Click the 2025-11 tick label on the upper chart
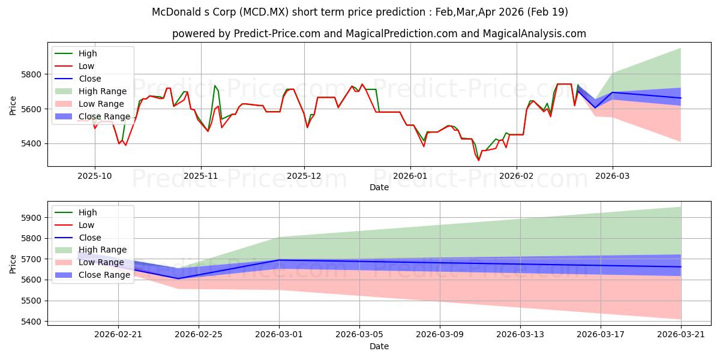point(201,176)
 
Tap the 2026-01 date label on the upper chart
point(410,176)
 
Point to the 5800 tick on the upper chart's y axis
point(31,74)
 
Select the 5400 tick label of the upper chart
point(31,143)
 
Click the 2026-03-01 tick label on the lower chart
point(279,335)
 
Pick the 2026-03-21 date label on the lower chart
point(681,335)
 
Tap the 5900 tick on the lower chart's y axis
point(31,218)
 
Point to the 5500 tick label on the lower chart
point(31,301)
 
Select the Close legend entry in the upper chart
point(78,79)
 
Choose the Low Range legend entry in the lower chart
point(89,262)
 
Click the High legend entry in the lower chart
point(76,212)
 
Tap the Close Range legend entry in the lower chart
point(92,275)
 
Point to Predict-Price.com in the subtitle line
point(277,34)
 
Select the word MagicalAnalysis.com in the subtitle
point(534,34)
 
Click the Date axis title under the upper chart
point(379,187)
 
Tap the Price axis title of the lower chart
point(13,264)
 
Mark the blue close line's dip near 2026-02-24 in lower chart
point(178,278)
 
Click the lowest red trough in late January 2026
point(479,160)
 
